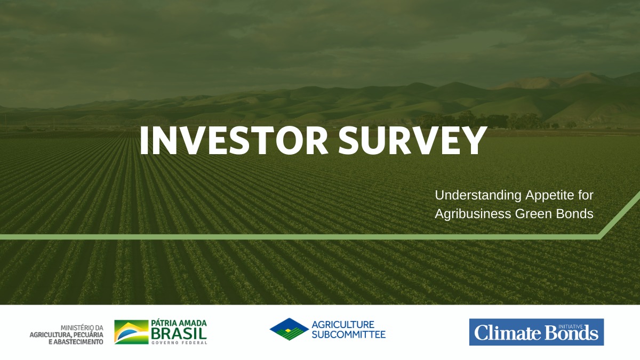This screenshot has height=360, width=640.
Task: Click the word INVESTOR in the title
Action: [234, 141]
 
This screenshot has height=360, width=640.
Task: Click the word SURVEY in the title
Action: [412, 141]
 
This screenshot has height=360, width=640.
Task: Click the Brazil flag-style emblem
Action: [131, 332]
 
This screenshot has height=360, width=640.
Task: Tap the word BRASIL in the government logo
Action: [179, 333]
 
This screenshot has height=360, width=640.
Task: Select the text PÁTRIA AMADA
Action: [179, 323]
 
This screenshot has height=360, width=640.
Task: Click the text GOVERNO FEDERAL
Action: [179, 342]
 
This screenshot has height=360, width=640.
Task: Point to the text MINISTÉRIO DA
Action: [82, 327]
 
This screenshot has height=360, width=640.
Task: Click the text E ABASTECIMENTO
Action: [76, 342]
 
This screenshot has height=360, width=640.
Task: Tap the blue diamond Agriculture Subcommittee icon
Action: [289, 329]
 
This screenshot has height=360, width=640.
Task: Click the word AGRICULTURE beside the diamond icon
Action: [343, 325]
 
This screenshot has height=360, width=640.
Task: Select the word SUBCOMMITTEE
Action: [349, 334]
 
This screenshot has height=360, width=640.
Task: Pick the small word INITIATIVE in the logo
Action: [570, 326]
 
